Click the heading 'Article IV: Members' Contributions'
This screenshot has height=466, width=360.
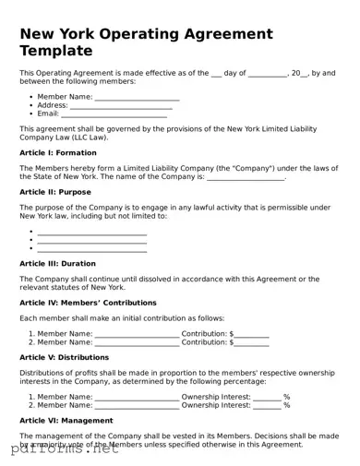[88, 303]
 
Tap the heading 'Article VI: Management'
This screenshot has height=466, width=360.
[66, 420]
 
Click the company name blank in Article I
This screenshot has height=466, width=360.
[246, 177]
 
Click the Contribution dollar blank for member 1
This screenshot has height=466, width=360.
[252, 333]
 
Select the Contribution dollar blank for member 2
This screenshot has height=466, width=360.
[252, 342]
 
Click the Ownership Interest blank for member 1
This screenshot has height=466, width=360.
[266, 396]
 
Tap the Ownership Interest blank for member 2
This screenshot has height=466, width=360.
[266, 405]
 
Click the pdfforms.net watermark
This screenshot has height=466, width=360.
[60, 450]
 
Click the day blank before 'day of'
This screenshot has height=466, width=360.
[216, 72]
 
